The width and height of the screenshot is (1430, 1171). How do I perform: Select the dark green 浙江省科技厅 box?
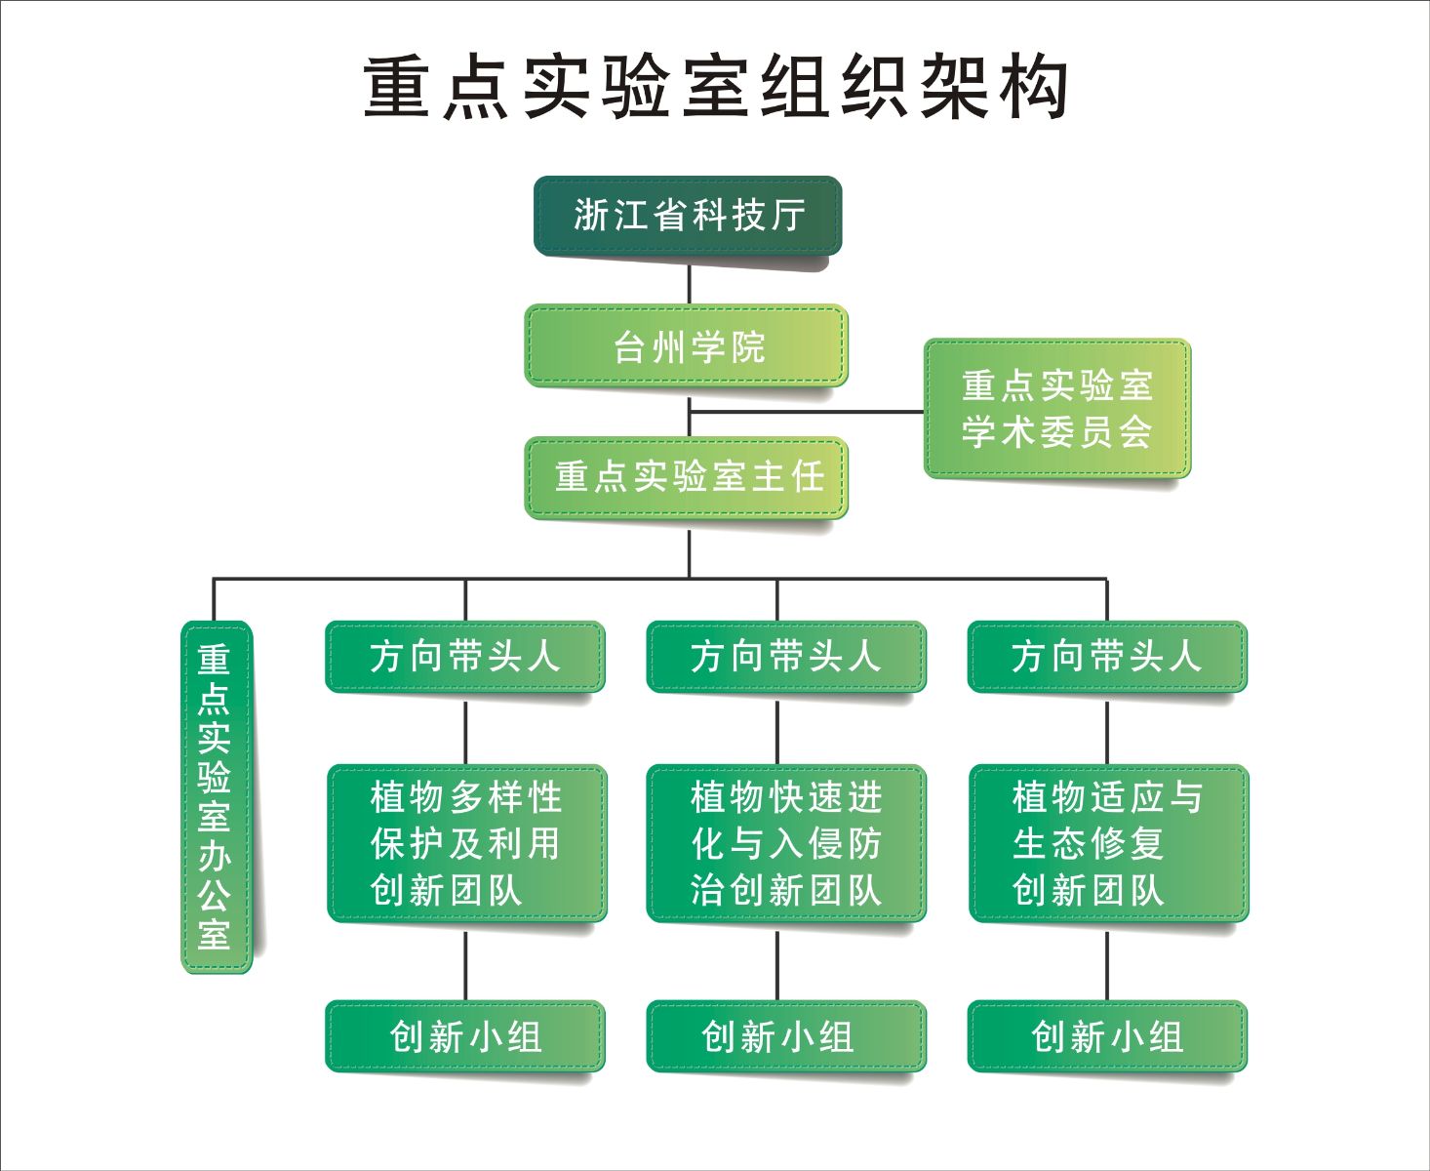[688, 216]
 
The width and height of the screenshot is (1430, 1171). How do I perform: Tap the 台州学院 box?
[687, 346]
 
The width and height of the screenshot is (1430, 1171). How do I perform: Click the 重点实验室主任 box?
[687, 477]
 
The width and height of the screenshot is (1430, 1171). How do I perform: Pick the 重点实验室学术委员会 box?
[1057, 409]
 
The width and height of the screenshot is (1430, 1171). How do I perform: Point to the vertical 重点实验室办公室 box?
[216, 796]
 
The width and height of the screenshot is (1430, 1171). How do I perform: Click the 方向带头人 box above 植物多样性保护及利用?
[465, 656]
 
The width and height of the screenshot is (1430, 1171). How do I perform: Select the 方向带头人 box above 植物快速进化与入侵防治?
[786, 656]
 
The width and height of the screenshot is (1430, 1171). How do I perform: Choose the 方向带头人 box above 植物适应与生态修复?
[1107, 656]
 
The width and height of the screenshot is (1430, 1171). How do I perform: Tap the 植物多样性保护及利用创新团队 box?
[466, 843]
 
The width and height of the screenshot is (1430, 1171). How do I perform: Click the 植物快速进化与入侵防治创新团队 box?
[786, 843]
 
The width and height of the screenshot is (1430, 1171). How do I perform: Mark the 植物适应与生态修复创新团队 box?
[1108, 843]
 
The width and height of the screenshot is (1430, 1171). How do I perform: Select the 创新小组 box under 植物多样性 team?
[465, 1036]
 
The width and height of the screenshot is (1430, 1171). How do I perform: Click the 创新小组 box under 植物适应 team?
[1107, 1036]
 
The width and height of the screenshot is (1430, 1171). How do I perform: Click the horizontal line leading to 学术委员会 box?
[810, 412]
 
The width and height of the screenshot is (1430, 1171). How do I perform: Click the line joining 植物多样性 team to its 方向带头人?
[465, 730]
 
